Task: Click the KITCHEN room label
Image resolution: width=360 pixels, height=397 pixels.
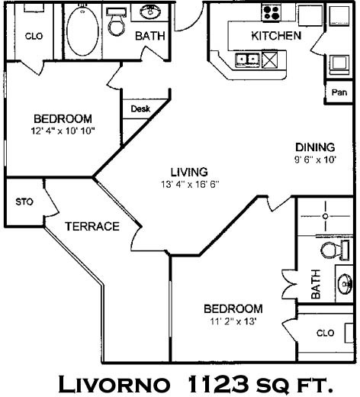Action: (x=276, y=36)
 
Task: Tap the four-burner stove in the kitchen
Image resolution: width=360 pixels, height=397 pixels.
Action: (x=272, y=13)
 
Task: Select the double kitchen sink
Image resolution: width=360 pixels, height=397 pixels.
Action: (x=247, y=60)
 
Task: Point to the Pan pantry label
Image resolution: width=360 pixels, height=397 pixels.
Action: (x=339, y=92)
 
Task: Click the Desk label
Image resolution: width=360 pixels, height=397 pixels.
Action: (x=140, y=109)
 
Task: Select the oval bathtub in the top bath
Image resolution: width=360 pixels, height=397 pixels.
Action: (x=82, y=31)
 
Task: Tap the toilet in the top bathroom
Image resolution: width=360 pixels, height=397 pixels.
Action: (x=117, y=22)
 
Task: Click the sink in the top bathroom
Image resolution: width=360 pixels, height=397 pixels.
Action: (x=150, y=11)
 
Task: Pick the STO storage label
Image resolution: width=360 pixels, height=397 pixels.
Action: (x=24, y=202)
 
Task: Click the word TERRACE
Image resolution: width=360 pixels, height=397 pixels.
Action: (x=92, y=226)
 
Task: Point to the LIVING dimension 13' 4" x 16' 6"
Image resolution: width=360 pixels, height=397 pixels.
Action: (x=190, y=184)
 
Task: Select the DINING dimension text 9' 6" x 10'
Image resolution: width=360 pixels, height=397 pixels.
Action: (x=315, y=160)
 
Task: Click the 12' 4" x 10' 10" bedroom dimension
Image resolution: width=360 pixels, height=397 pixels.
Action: (x=63, y=131)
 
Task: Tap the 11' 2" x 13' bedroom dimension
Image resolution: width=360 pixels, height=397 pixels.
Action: (x=233, y=321)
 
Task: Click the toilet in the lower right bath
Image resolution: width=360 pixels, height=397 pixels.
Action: (x=335, y=250)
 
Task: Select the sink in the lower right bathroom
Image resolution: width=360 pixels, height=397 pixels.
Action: (x=345, y=283)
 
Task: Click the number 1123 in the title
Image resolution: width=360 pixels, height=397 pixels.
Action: (x=218, y=384)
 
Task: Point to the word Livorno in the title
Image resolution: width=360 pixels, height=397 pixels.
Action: (x=114, y=384)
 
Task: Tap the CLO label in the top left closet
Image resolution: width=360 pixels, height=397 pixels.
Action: (x=34, y=36)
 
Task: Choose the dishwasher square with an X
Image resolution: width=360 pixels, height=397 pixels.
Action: (x=269, y=60)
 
